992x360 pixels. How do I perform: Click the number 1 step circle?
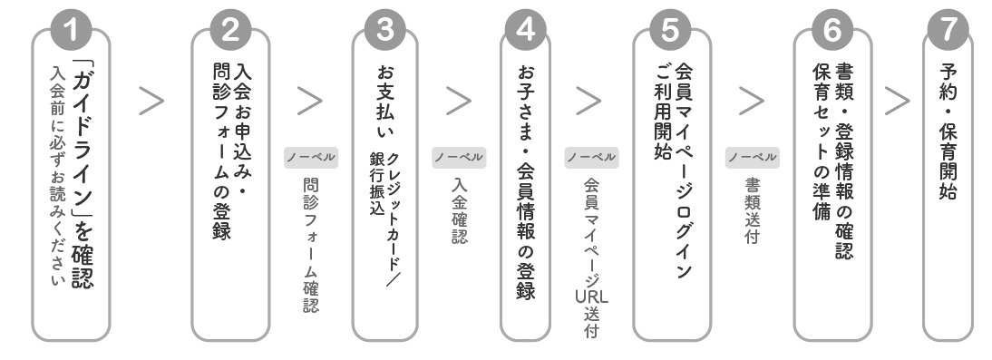(80, 31)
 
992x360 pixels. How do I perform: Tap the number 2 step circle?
(230, 31)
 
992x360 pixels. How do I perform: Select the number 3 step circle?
(384, 31)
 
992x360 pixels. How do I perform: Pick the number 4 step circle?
(525, 31)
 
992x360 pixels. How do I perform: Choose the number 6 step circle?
(832, 31)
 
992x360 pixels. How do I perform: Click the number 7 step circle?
(948, 31)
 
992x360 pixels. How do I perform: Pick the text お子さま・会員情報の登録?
(525, 181)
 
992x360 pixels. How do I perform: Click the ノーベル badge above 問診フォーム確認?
(310, 157)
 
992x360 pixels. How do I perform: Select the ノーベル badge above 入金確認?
(457, 157)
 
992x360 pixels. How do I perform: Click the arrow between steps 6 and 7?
(898, 102)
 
